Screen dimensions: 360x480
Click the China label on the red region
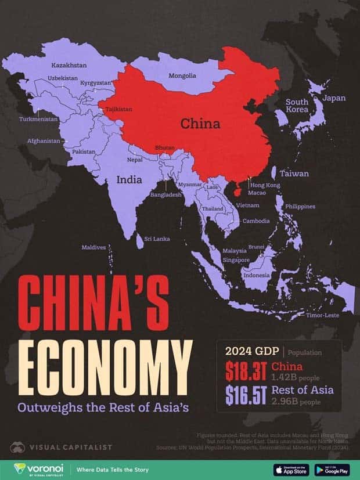pos(200,124)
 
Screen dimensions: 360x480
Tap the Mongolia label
pos(182,76)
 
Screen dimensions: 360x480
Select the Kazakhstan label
pos(69,65)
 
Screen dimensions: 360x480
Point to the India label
pos(129,180)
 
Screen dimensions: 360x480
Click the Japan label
pos(334,98)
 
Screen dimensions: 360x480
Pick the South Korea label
pos(297,105)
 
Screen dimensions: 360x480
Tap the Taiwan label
pos(294,174)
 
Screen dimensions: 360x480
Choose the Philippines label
pos(300,206)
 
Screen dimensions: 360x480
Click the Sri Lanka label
pos(157,239)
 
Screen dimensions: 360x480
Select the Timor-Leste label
pos(322,315)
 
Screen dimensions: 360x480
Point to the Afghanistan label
pos(43,140)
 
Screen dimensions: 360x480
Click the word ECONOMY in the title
pos(105,362)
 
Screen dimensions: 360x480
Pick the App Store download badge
pos(290,469)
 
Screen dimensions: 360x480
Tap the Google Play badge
pos(332,469)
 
